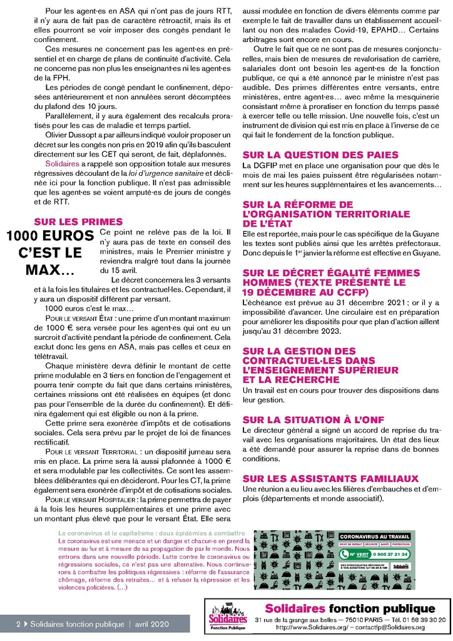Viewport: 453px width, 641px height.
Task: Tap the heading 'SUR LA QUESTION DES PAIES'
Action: click(x=320, y=155)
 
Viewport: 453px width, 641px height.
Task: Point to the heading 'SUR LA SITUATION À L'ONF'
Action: click(x=313, y=419)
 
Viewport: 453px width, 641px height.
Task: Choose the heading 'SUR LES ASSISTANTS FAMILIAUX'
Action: click(x=330, y=478)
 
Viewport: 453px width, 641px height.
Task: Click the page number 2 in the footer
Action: click(x=18, y=624)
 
